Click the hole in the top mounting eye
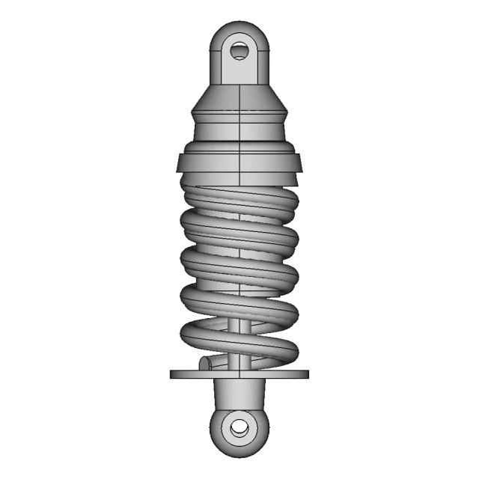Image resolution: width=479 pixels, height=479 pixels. tap(239, 51)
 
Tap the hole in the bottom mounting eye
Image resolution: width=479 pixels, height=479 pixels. tap(239, 428)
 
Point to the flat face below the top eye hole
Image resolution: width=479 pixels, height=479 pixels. tap(239, 72)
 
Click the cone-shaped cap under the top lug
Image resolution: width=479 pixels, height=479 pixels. tap(239, 97)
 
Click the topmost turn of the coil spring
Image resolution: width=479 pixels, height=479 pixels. tap(239, 199)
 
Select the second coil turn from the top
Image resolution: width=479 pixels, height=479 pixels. tap(239, 232)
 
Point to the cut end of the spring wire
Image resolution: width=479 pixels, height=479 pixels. tap(204, 364)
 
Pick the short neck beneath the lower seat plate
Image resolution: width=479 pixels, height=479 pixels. tap(239, 393)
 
